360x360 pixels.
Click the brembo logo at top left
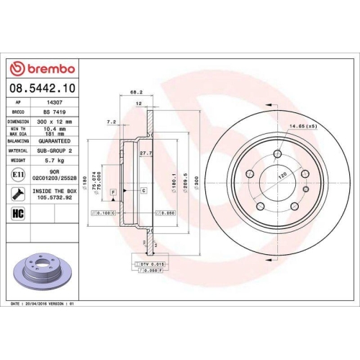[43, 68]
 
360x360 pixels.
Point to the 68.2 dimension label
[135, 93]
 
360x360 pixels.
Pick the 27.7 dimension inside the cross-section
[144, 153]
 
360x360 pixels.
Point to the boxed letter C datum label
[144, 190]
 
